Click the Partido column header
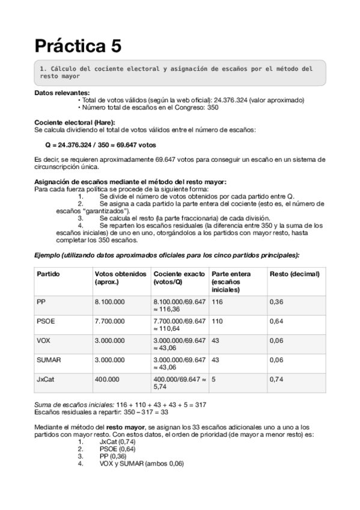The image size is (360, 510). pos(48,274)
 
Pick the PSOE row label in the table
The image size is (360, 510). pos(46,322)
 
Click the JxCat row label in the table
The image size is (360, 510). pos(47,379)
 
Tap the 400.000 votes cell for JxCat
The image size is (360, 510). pos(107,379)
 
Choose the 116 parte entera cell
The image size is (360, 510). pos(218,301)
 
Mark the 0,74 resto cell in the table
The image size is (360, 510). pos(276,379)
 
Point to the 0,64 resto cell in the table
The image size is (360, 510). pos(276,322)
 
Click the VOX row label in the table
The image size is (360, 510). pos(44,340)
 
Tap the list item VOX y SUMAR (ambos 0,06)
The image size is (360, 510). pos(141,464)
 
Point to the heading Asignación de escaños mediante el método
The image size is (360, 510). pos(130,182)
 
